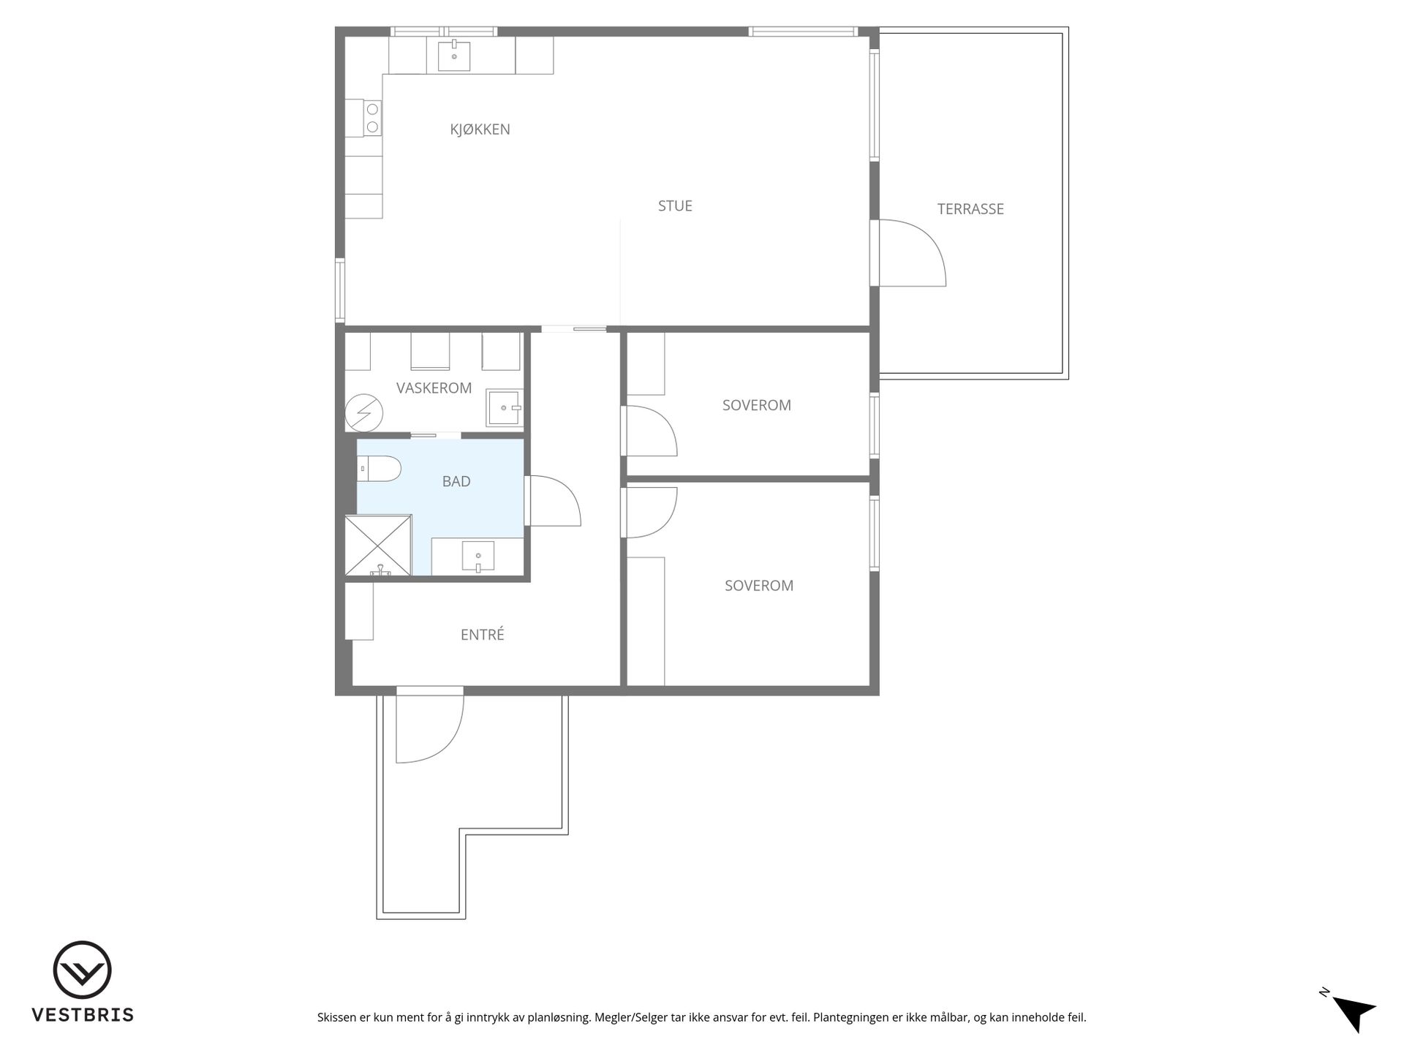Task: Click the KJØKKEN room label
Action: pyautogui.click(x=480, y=129)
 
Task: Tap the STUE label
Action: pyautogui.click(x=675, y=206)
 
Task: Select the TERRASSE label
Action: pyautogui.click(x=970, y=209)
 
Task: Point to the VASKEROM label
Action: pyautogui.click(x=434, y=388)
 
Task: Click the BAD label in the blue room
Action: pyautogui.click(x=456, y=481)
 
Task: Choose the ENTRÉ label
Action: pyautogui.click(x=483, y=635)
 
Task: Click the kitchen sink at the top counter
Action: pyautogui.click(x=454, y=56)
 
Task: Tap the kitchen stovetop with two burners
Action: pyautogui.click(x=372, y=118)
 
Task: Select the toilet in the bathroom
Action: pyautogui.click(x=379, y=468)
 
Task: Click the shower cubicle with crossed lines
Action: pyautogui.click(x=378, y=546)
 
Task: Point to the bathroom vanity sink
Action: pyautogui.click(x=478, y=556)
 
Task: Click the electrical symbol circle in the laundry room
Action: pyautogui.click(x=364, y=412)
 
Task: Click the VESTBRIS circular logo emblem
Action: pyautogui.click(x=82, y=970)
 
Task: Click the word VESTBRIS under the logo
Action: pyautogui.click(x=82, y=1015)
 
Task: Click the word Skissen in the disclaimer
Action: pyautogui.click(x=336, y=1017)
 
